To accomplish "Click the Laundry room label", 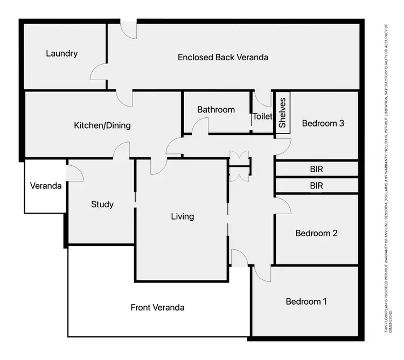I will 62,53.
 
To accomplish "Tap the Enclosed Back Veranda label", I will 223,57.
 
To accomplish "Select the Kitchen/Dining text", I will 102,125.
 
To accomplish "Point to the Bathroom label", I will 216,109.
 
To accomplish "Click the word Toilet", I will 263,116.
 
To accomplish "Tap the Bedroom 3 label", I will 323,123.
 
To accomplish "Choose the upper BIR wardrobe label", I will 317,168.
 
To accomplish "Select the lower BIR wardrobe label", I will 317,186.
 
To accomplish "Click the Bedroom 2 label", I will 316,234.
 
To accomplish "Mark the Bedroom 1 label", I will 306,301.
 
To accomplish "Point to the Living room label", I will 182,216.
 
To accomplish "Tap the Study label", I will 102,204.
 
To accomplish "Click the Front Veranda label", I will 157,307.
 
